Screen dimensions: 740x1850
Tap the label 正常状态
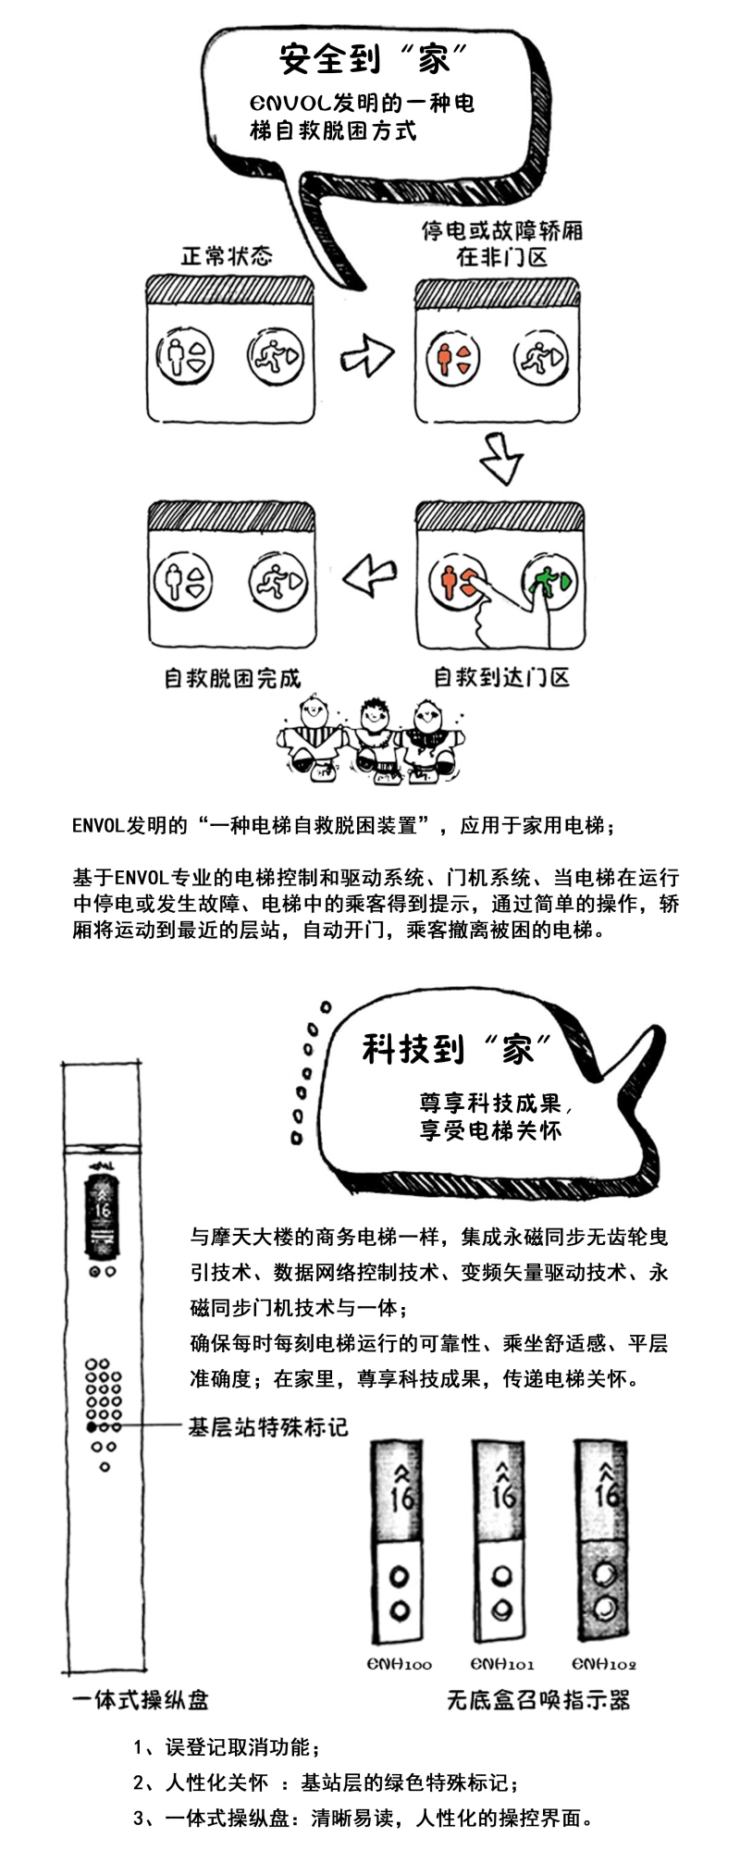coord(227,255)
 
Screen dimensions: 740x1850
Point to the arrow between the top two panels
coord(366,354)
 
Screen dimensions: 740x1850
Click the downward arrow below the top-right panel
coord(500,456)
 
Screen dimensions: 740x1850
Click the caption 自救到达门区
coord(501,677)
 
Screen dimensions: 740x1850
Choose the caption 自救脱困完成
coord(232,678)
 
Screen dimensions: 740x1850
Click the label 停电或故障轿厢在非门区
coord(502,242)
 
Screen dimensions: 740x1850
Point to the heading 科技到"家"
coord(457,1048)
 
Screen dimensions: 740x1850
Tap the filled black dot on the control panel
coord(92,1428)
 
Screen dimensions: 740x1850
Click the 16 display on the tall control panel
coord(102,1209)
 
